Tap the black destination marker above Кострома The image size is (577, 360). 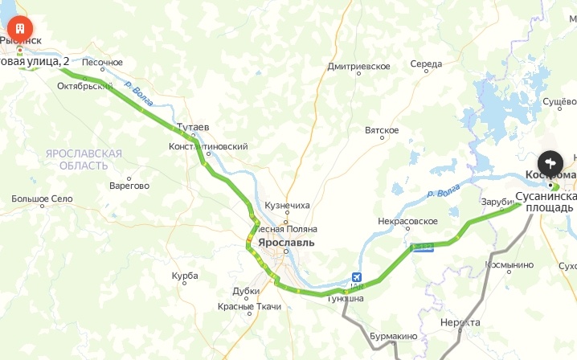click(550, 161)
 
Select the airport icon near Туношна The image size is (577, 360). click(356, 278)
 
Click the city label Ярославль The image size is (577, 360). click(287, 243)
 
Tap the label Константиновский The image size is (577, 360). click(208, 146)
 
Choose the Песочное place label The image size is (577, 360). click(102, 63)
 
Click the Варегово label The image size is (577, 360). click(129, 186)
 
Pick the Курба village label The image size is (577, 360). click(185, 276)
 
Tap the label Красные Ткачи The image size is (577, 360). click(249, 307)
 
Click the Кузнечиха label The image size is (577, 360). click(287, 206)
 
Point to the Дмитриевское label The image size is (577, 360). click(358, 67)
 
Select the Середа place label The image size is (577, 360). click(426, 64)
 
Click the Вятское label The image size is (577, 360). click(382, 130)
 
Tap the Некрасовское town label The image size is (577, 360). click(407, 221)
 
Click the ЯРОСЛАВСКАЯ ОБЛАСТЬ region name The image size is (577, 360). click(84, 159)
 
